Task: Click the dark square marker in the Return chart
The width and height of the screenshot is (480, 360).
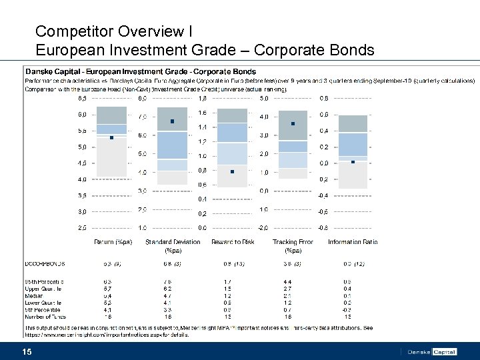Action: [112, 137]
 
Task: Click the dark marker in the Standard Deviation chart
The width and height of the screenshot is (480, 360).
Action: [172, 121]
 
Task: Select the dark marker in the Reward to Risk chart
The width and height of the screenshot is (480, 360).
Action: [232, 171]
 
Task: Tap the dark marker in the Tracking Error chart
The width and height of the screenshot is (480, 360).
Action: [293, 123]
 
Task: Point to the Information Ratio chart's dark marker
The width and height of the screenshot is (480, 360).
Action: [353, 162]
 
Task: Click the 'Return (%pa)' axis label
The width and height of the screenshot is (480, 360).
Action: [113, 242]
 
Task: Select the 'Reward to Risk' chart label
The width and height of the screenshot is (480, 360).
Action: [233, 242]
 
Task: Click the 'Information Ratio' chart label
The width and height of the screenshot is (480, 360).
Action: [353, 242]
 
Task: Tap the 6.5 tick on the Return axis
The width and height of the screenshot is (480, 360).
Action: [81, 98]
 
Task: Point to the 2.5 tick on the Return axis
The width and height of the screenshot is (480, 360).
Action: [81, 228]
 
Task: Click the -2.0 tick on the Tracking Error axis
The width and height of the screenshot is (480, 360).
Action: [263, 228]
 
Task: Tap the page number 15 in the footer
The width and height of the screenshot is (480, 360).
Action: [27, 351]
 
